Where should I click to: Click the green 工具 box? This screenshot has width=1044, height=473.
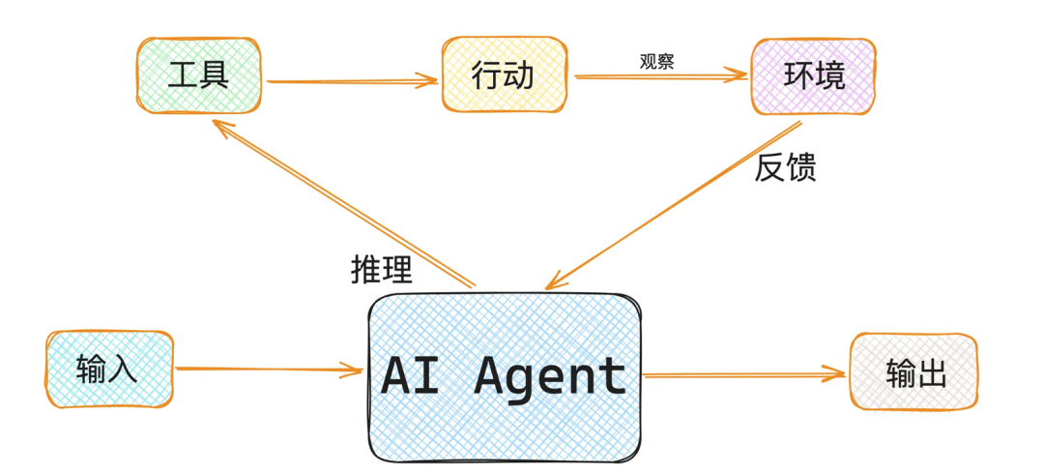[x=197, y=75]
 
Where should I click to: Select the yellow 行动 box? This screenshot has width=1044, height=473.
[x=503, y=75]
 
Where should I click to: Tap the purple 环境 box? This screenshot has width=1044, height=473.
[x=813, y=75]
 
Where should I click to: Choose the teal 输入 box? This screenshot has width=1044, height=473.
[x=109, y=370]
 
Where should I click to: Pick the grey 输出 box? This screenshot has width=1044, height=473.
[x=913, y=372]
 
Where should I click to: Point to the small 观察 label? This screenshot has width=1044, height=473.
[x=656, y=61]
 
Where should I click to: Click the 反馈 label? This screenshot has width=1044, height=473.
[x=785, y=167]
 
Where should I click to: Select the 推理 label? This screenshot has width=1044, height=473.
[x=381, y=270]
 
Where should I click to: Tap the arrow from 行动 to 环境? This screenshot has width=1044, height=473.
[x=662, y=77]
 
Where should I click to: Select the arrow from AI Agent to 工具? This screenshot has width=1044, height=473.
[x=343, y=203]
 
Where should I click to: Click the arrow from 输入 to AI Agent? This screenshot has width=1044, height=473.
[x=266, y=369]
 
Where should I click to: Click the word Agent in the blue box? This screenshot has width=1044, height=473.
[x=550, y=375]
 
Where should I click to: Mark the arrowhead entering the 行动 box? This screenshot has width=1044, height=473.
[x=430, y=81]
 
